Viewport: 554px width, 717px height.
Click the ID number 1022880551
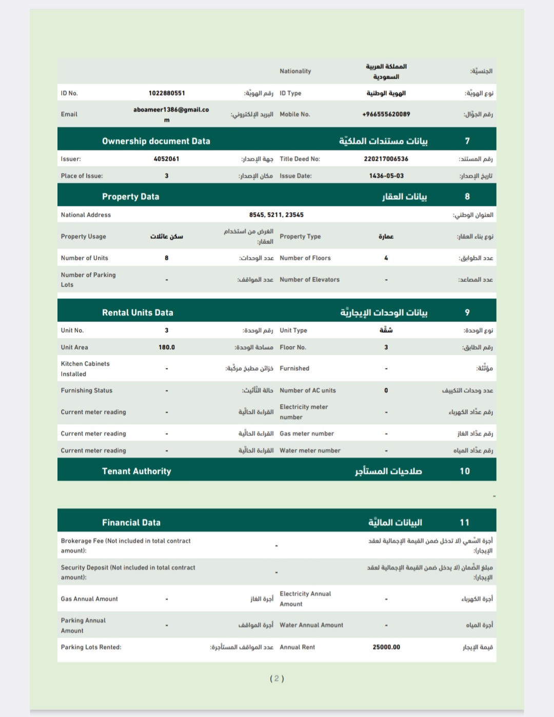(167, 93)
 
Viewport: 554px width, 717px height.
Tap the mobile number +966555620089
(386, 114)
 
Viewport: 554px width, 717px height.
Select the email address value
(171, 114)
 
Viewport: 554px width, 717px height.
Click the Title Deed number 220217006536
(386, 159)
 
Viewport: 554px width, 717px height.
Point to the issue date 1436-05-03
(386, 176)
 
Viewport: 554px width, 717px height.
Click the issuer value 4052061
(167, 159)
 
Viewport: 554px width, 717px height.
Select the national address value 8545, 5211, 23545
(276, 215)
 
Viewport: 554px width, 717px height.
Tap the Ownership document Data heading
(156, 141)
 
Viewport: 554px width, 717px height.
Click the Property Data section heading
(130, 196)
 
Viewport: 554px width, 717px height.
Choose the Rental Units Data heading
(137, 312)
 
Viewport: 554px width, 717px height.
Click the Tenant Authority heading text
(136, 471)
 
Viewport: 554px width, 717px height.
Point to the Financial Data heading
(131, 522)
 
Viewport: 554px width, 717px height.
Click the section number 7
(467, 141)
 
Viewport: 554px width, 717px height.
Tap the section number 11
(465, 522)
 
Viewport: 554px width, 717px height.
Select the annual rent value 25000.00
(386, 647)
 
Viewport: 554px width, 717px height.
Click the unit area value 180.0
(167, 347)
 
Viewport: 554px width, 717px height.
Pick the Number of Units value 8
(167, 258)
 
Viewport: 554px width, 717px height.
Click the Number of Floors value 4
(386, 258)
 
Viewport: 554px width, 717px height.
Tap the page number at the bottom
(277, 679)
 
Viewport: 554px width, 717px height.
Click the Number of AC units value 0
(386, 390)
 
